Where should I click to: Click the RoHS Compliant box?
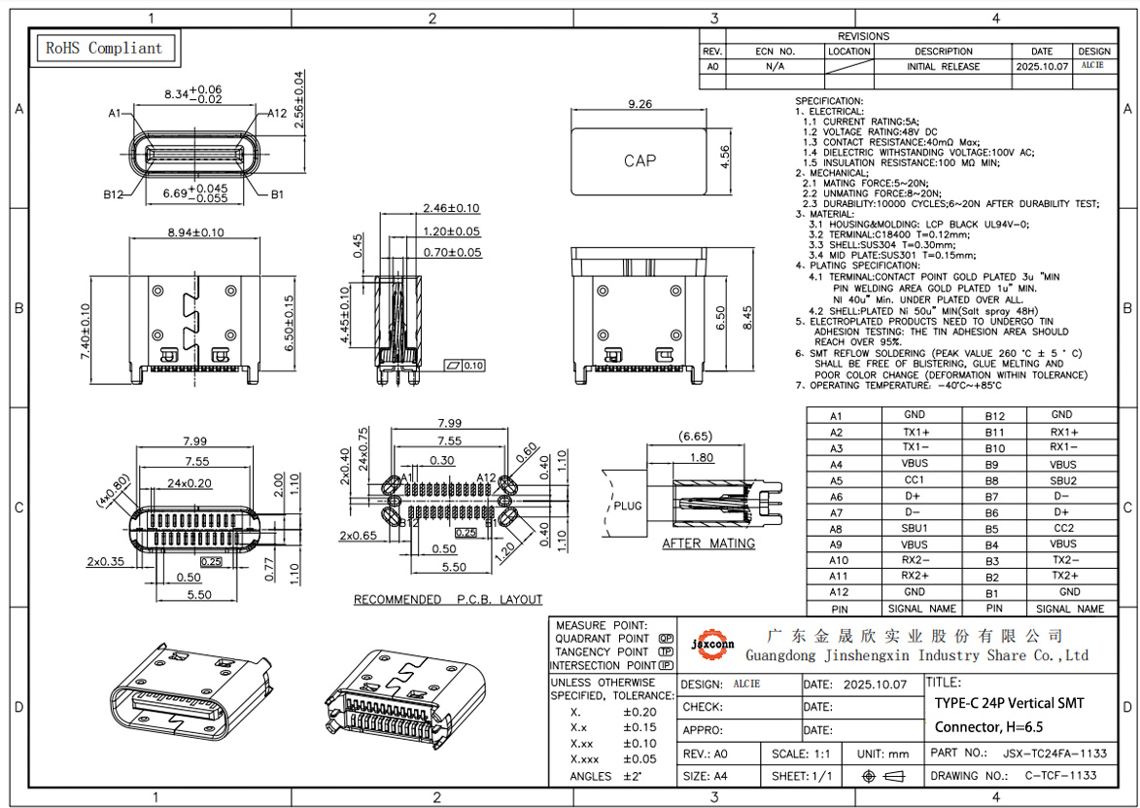pyautogui.click(x=104, y=48)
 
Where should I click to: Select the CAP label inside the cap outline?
pyautogui.click(x=639, y=160)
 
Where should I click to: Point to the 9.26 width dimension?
pyautogui.click(x=639, y=104)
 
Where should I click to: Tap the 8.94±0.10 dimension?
pyautogui.click(x=182, y=232)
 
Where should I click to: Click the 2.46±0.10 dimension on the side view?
pyautogui.click(x=451, y=208)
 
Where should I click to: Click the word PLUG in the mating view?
pyautogui.click(x=629, y=507)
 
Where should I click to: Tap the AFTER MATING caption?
pyautogui.click(x=708, y=544)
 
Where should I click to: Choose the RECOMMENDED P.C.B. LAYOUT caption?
pyautogui.click(x=448, y=600)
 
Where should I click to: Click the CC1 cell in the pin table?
pyautogui.click(x=915, y=480)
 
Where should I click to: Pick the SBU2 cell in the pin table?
pyautogui.click(x=1063, y=480)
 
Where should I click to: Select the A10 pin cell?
pyautogui.click(x=838, y=560)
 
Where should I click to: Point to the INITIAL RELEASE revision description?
pyautogui.click(x=943, y=67)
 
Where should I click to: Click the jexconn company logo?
pyautogui.click(x=712, y=645)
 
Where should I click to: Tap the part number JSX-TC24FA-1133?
pyautogui.click(x=1054, y=753)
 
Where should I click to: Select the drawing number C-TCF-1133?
pyautogui.click(x=1059, y=776)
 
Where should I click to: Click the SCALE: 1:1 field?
pyautogui.click(x=801, y=754)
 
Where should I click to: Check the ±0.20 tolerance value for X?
pyautogui.click(x=639, y=712)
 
